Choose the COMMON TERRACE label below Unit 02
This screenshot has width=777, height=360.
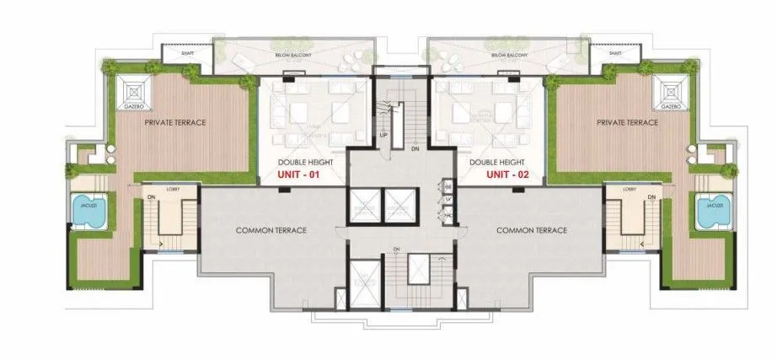531,229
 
